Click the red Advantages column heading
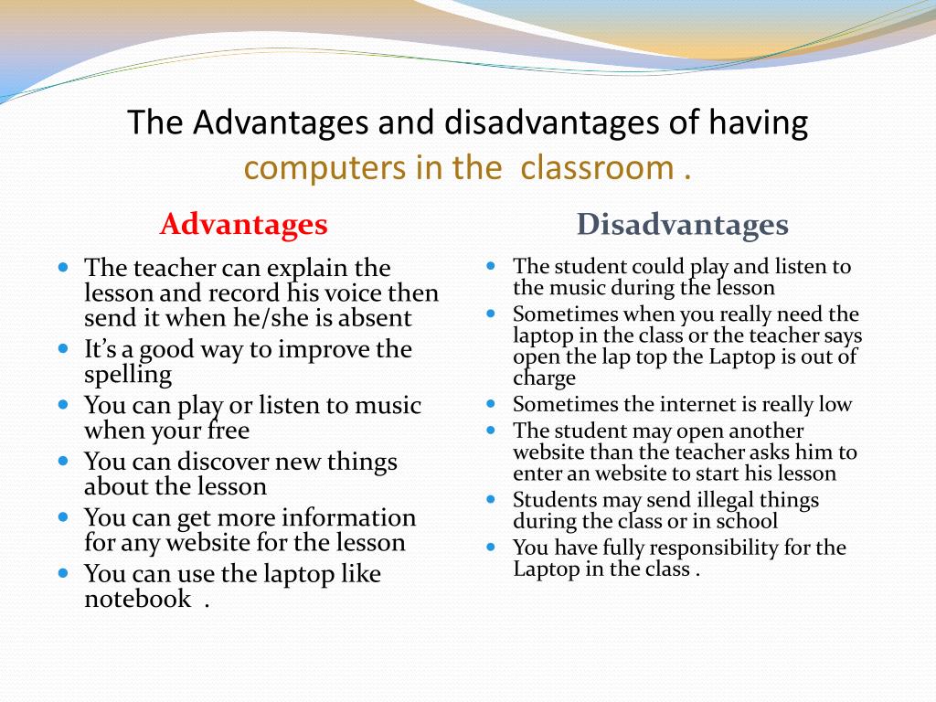pos(243,224)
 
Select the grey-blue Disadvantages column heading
pos(682,224)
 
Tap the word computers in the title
pos(309,168)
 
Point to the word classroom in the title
pos(598,168)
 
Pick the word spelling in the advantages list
pos(128,375)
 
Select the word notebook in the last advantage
pos(138,599)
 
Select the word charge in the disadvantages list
pos(545,378)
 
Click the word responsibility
pos(712,548)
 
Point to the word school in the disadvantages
pos(748,521)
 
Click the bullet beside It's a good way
pos(63,348)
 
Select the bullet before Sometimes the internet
pos(491,403)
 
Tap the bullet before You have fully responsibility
pos(491,547)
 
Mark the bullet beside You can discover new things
pos(63,461)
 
